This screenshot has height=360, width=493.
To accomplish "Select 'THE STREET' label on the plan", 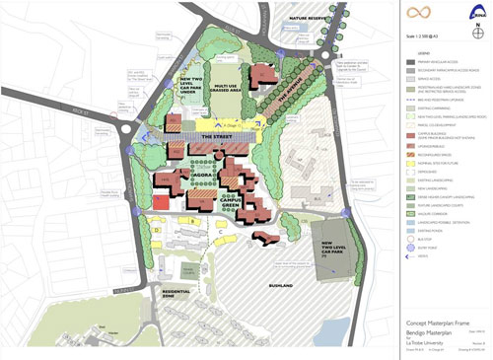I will click(214, 135).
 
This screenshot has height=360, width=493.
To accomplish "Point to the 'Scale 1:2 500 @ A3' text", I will click(425, 36).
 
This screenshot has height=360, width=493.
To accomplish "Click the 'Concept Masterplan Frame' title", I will click(438, 323).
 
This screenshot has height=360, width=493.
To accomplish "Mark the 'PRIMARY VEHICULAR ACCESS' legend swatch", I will click(411, 61).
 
